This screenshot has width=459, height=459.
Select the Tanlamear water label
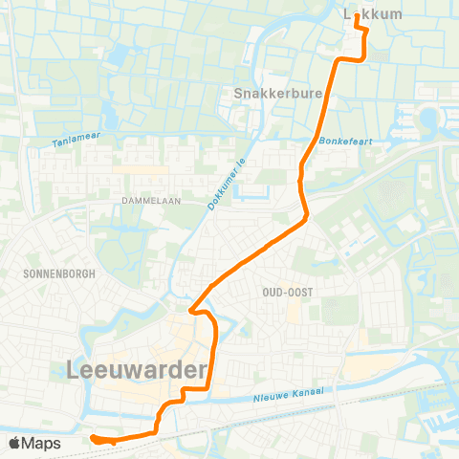[76, 140]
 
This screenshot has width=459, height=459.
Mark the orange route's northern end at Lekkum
[358, 15]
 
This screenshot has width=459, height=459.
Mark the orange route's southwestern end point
[94, 439]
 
